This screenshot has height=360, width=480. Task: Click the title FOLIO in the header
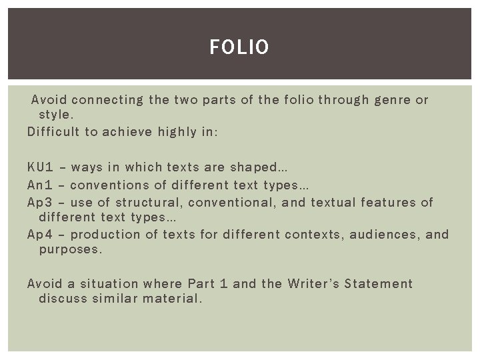pyautogui.click(x=239, y=47)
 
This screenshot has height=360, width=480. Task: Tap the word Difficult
pyautogui.click(x=53, y=132)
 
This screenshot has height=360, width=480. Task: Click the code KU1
pyautogui.click(x=41, y=167)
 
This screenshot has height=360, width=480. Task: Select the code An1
pyautogui.click(x=41, y=184)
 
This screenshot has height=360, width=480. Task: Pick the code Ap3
pyautogui.click(x=41, y=201)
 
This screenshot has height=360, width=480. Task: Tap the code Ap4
pyautogui.click(x=41, y=234)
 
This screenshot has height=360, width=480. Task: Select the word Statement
pyautogui.click(x=379, y=284)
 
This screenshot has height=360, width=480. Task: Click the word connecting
pyautogui.click(x=107, y=101)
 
